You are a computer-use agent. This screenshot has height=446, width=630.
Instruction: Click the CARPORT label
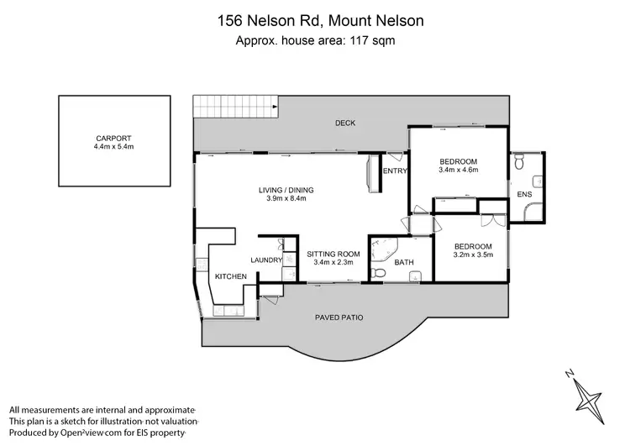pyautogui.click(x=113, y=139)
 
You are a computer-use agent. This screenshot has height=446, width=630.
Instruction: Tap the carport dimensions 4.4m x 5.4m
pyautogui.click(x=114, y=147)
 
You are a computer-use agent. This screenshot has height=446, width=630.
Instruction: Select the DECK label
pyautogui.click(x=345, y=123)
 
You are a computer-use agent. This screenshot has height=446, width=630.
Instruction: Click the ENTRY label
pyautogui.click(x=395, y=171)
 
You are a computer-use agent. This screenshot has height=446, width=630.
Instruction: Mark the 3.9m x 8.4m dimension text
pyautogui.click(x=282, y=199)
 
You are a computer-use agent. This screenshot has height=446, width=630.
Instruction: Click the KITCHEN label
pyautogui.click(x=230, y=276)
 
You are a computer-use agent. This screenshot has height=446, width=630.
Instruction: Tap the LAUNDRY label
pyautogui.click(x=265, y=260)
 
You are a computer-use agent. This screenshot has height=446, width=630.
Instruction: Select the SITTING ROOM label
pyautogui.click(x=333, y=254)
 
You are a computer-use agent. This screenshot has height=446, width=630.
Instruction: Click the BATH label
pyautogui.click(x=405, y=263)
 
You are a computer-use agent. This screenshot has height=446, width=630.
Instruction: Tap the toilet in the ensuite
pyautogui.click(x=521, y=165)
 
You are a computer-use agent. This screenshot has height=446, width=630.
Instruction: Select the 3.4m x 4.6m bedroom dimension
pyautogui.click(x=458, y=171)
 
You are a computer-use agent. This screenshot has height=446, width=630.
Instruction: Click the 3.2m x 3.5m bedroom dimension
pyautogui.click(x=473, y=255)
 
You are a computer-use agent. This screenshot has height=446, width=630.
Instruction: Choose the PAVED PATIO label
pyautogui.click(x=339, y=317)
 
